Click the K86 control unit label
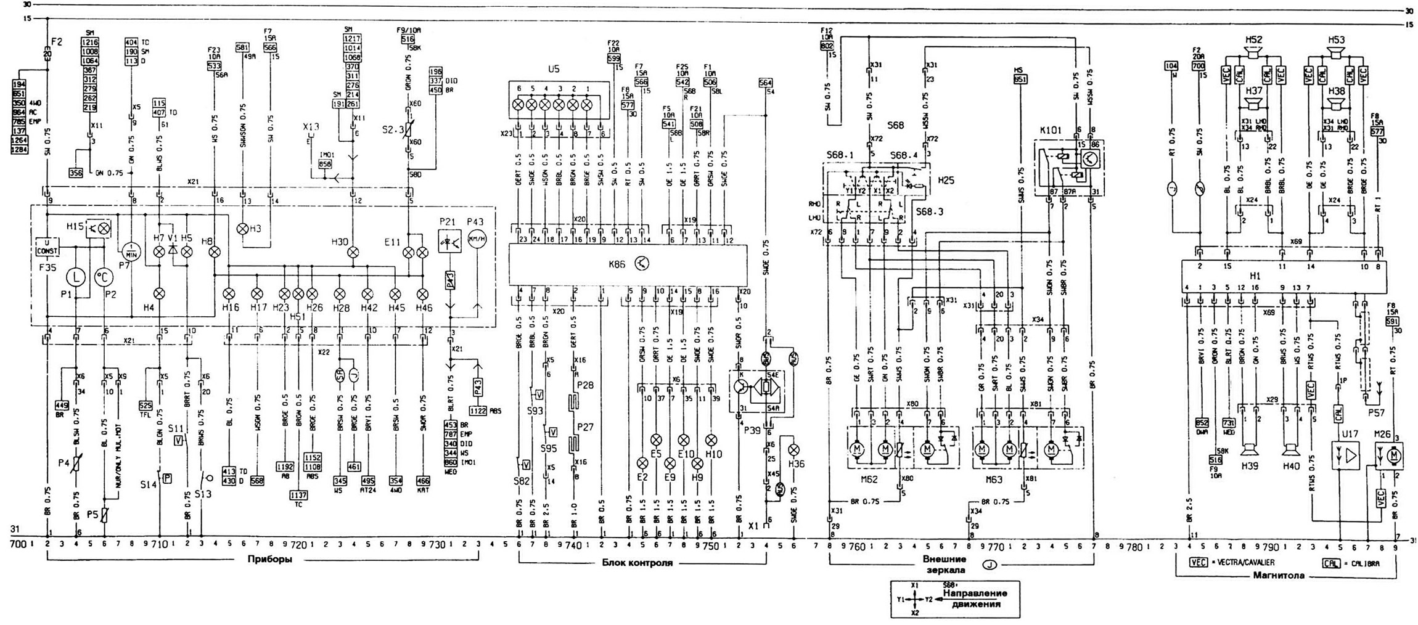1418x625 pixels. click(617, 264)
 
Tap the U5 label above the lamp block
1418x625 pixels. click(553, 70)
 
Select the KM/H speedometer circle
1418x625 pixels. click(476, 241)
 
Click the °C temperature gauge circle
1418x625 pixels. click(102, 277)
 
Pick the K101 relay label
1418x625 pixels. click(1051, 131)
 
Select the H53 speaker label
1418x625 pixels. click(1336, 39)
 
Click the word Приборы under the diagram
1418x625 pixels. click(269, 560)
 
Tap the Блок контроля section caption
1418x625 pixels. click(636, 563)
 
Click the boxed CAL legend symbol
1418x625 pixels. click(1330, 563)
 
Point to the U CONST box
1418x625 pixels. click(46, 247)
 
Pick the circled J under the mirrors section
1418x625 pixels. click(990, 564)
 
